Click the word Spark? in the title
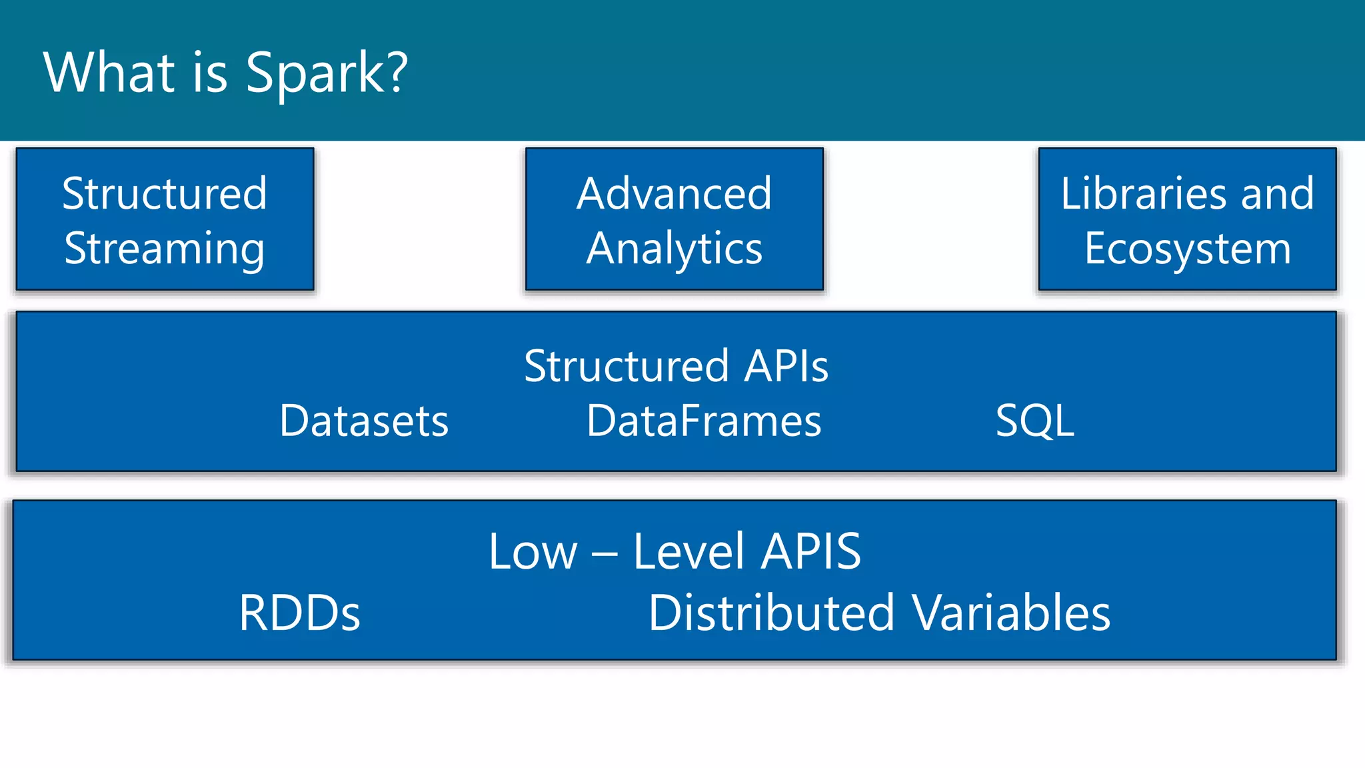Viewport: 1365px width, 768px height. click(x=326, y=73)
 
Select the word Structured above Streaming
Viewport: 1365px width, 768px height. click(x=165, y=193)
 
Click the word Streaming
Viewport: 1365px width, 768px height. click(x=165, y=249)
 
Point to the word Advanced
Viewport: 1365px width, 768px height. click(x=674, y=193)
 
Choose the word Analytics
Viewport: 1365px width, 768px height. click(x=674, y=249)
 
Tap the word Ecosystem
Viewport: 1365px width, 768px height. click(x=1188, y=249)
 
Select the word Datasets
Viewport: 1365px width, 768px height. click(x=364, y=421)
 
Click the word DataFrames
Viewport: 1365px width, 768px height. click(x=704, y=421)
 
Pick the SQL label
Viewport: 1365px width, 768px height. click(x=1034, y=421)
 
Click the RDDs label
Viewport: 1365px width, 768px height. click(x=299, y=613)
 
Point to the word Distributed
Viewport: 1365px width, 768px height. click(x=771, y=613)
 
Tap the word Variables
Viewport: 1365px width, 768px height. click(x=1012, y=613)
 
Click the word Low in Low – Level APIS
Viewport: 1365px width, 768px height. click(x=533, y=552)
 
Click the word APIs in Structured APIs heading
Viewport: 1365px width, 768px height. click(x=786, y=366)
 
